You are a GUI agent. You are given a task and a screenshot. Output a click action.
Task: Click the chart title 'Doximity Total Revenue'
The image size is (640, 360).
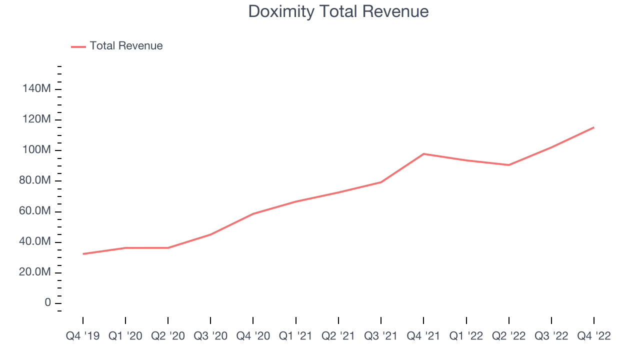[x=338, y=11]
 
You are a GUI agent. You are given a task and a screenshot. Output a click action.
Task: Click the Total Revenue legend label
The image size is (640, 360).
[x=126, y=46]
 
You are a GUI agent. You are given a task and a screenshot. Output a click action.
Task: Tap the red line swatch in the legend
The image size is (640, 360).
[x=78, y=46]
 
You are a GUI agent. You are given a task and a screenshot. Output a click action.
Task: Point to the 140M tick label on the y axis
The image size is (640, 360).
[x=36, y=89]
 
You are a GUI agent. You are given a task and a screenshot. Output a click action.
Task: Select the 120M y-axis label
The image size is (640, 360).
[x=36, y=119]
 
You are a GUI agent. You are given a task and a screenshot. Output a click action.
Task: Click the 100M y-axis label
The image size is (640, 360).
[x=36, y=150]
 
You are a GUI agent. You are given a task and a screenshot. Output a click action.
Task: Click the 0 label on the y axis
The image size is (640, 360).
[x=47, y=303]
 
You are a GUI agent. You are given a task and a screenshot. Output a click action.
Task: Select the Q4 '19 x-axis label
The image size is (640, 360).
[x=82, y=336]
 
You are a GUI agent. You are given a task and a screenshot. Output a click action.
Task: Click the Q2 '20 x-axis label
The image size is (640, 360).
[x=168, y=336]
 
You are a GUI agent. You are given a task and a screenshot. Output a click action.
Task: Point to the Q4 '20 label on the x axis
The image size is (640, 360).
[x=253, y=336]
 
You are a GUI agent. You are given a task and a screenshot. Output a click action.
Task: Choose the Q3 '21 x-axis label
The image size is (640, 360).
[x=381, y=336]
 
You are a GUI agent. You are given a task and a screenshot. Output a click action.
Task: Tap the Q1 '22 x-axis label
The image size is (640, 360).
[x=466, y=336]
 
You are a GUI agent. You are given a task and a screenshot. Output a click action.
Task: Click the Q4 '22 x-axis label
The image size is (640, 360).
[x=594, y=336]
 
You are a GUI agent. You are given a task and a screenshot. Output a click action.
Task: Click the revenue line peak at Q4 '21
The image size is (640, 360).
[x=423, y=154]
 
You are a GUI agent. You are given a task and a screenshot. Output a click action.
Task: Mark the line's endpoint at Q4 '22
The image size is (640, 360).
[x=594, y=127]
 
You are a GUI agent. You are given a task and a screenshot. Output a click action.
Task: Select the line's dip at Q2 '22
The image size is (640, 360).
[x=509, y=165]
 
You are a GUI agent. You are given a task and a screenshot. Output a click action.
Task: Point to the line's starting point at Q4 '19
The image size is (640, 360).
[x=83, y=254]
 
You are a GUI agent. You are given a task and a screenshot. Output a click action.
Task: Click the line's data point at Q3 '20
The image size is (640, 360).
[x=210, y=234]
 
